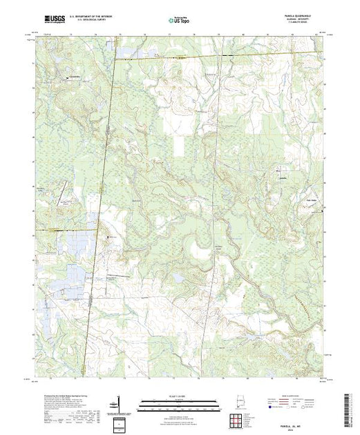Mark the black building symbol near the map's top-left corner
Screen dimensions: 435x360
point(67,78)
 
